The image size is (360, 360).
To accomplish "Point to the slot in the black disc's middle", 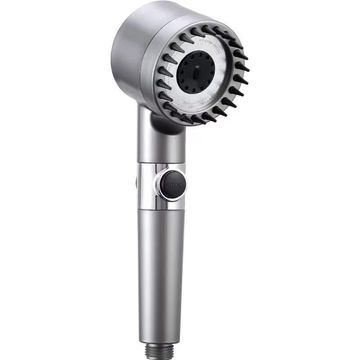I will [x=198, y=72].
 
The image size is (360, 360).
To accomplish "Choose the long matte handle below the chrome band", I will [x=161, y=270].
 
